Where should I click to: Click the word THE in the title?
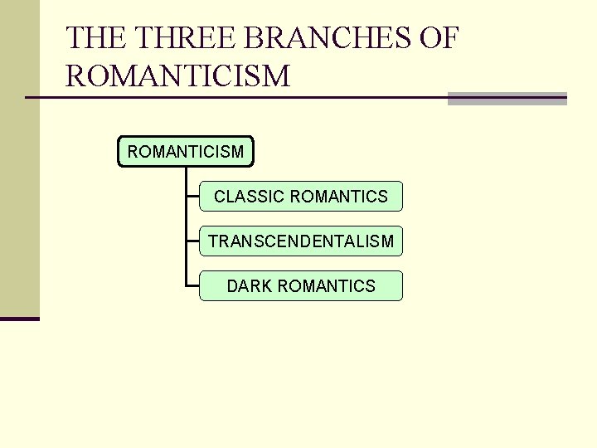point(95,39)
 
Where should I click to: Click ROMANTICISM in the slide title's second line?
point(178,76)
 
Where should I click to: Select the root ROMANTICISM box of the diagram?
point(186,152)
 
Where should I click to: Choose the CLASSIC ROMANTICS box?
point(301,197)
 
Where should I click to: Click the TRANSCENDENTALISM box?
point(301,241)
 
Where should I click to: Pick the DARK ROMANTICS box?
point(301,286)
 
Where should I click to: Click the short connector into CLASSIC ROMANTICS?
point(193,197)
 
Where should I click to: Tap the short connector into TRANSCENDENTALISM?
point(193,241)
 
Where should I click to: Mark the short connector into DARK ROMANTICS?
point(193,286)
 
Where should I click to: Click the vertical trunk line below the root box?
point(187,224)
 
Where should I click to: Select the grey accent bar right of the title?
point(507,99)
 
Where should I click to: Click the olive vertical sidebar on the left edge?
point(19,158)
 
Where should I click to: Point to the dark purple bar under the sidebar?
point(19,319)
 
